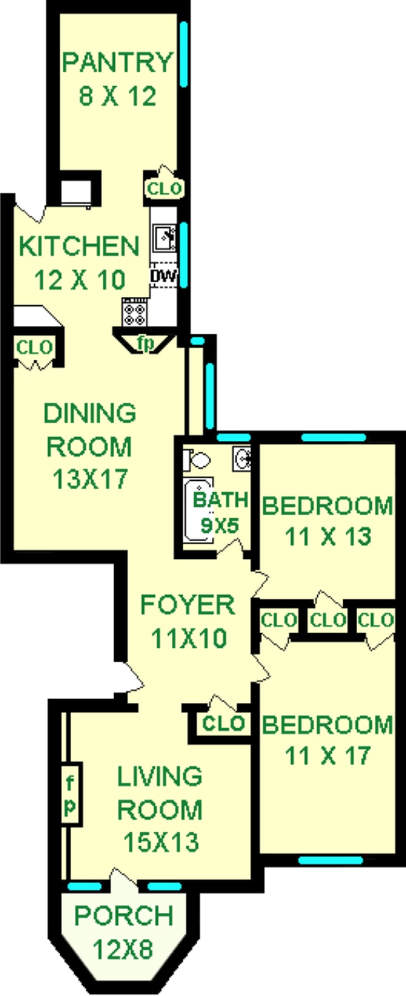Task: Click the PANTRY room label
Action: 117,63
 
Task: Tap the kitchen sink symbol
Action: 164,239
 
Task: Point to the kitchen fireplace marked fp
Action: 146,343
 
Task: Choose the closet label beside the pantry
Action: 164,188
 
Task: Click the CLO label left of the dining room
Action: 35,348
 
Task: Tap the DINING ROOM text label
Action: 89,430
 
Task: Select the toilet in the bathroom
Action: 197,459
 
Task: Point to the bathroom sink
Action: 242,456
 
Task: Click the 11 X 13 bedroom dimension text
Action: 328,537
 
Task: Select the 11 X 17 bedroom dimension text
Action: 328,756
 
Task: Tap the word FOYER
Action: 188,605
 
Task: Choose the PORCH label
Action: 124,915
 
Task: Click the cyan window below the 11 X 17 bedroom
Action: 330,860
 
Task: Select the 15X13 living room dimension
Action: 161,842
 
